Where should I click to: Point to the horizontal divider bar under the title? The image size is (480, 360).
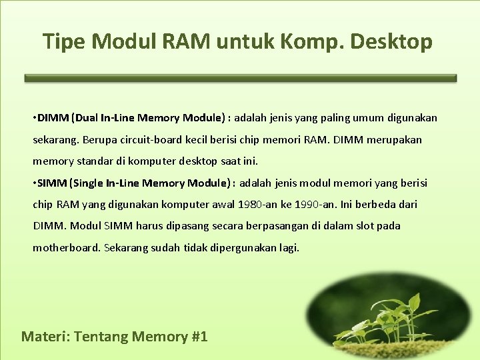240,78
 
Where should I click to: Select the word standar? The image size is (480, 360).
93,161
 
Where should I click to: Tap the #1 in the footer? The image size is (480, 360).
199,337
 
